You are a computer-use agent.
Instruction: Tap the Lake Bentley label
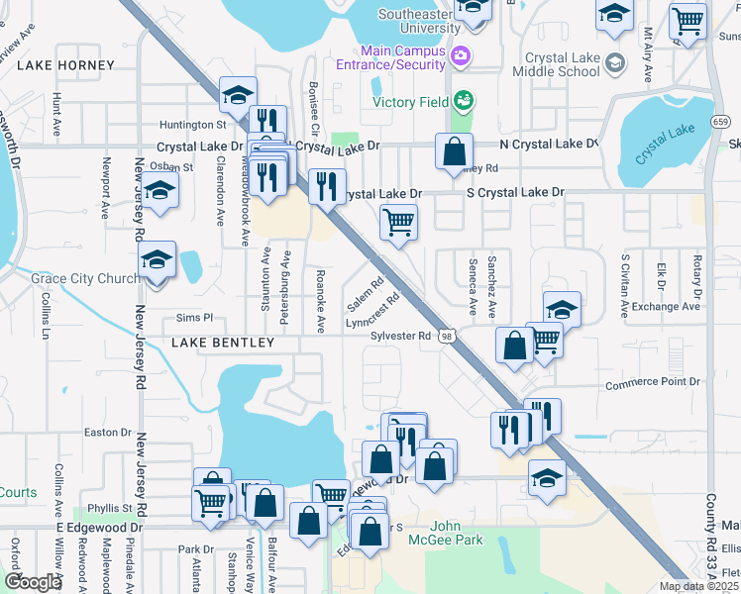(x=222, y=343)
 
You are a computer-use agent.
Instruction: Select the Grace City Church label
(x=85, y=278)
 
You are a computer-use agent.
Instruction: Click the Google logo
(x=33, y=582)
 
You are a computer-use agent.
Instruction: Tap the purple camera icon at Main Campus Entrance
(x=459, y=56)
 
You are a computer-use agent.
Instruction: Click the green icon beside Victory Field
(x=462, y=101)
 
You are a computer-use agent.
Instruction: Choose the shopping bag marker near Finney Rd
(x=454, y=153)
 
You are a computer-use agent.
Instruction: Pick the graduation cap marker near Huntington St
(x=238, y=96)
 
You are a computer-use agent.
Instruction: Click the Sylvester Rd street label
(x=400, y=336)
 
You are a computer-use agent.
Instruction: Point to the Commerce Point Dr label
(x=653, y=382)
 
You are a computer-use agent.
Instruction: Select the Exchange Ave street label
(x=667, y=307)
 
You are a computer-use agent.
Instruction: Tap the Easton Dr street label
(x=108, y=432)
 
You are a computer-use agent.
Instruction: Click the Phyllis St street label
(x=111, y=508)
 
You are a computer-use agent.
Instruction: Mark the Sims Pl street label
(x=194, y=318)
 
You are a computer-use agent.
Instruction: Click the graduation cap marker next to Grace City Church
(x=157, y=261)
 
